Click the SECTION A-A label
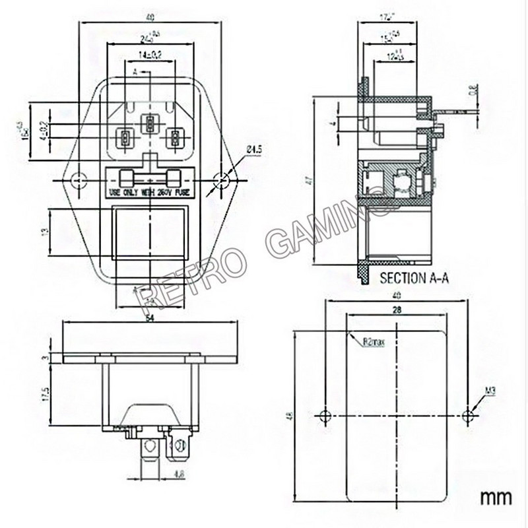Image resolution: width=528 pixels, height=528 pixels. (x=415, y=279)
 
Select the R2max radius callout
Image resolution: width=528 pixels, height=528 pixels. (x=373, y=342)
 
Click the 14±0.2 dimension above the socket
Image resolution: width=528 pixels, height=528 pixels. (x=150, y=55)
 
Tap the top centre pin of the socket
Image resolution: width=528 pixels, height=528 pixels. (x=150, y=122)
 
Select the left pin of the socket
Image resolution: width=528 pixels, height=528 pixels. (x=123, y=139)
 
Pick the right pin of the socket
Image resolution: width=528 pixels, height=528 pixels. (x=175, y=139)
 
